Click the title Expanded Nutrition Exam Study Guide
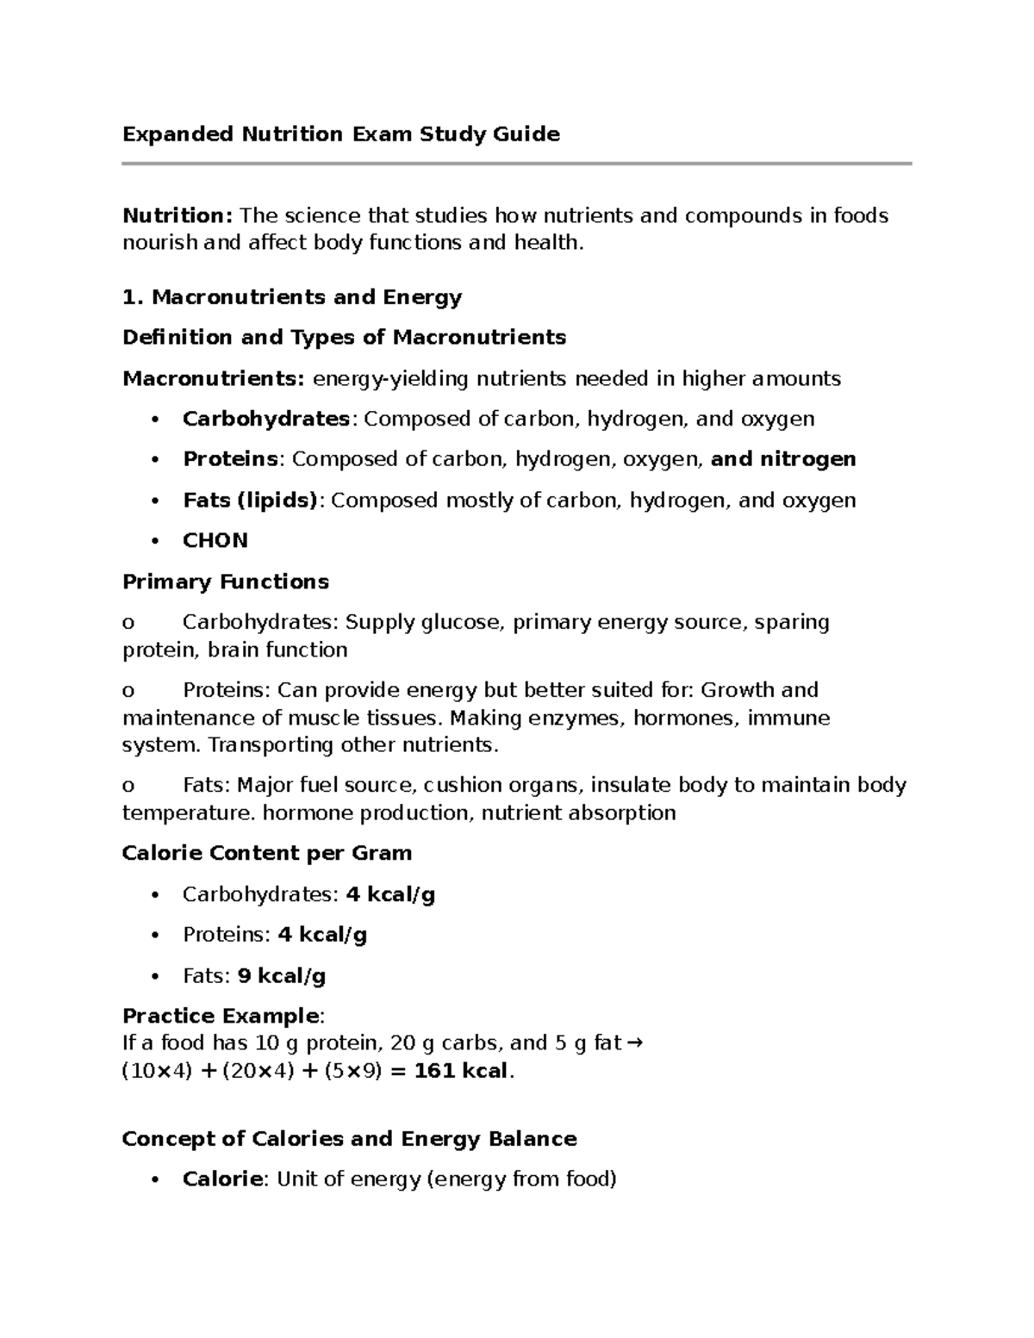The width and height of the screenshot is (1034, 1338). (x=341, y=134)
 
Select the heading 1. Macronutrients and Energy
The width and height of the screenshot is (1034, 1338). (x=292, y=297)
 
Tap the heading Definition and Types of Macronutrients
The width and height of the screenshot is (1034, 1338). (x=344, y=337)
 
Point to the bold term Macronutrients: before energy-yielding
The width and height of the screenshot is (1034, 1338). (x=214, y=378)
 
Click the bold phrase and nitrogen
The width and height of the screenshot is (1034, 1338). (x=782, y=459)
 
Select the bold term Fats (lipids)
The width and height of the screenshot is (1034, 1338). (x=250, y=501)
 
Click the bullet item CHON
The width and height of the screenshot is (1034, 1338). (x=215, y=540)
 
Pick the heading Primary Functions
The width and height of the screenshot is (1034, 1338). (x=226, y=582)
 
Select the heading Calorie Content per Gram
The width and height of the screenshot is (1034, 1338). (x=267, y=853)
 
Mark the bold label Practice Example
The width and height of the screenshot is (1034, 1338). (x=221, y=1016)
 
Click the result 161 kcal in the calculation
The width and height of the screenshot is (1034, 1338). (x=460, y=1071)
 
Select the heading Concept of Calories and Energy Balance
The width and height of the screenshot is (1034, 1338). (x=349, y=1139)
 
